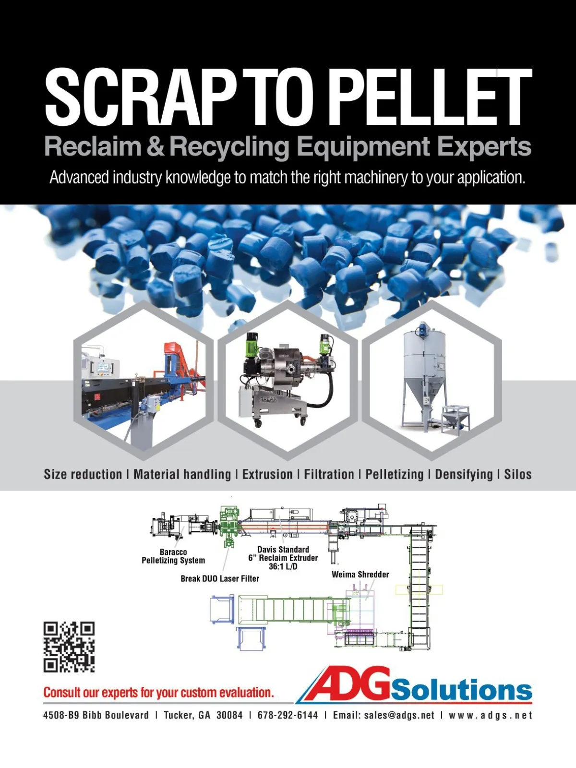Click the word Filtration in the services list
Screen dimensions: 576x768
click(329, 474)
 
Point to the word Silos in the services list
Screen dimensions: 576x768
click(517, 474)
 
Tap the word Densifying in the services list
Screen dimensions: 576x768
click(464, 475)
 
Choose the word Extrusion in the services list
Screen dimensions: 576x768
click(267, 474)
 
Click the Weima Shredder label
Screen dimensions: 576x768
click(360, 575)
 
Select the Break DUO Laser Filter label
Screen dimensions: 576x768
click(220, 579)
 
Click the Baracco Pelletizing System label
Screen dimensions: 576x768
click(173, 556)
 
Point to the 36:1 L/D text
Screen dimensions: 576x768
click(283, 566)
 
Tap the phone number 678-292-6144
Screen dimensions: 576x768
click(288, 715)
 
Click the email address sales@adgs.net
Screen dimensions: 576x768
click(399, 715)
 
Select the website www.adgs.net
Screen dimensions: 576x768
click(491, 715)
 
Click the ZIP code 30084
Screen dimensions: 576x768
click(229, 715)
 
